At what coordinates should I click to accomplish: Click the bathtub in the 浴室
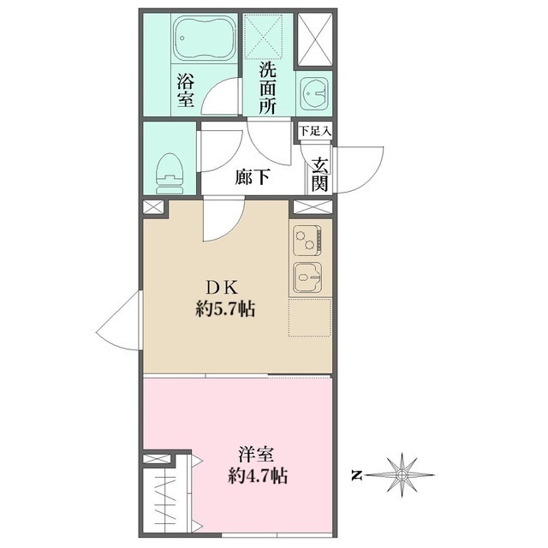click(205, 39)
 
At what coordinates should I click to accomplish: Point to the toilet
click(170, 173)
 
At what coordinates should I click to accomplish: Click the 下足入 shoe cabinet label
click(315, 131)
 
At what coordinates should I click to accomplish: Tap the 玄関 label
click(320, 175)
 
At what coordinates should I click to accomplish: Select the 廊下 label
click(252, 177)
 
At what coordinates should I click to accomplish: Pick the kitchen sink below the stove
click(307, 277)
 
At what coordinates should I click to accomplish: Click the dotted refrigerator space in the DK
click(310, 318)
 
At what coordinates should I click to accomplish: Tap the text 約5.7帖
click(225, 309)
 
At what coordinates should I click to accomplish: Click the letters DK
click(223, 289)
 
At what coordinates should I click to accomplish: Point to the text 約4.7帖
click(258, 475)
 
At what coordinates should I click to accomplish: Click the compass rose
click(402, 475)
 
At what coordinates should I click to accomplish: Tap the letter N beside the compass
click(356, 476)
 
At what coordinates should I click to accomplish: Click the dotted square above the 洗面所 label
click(263, 36)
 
